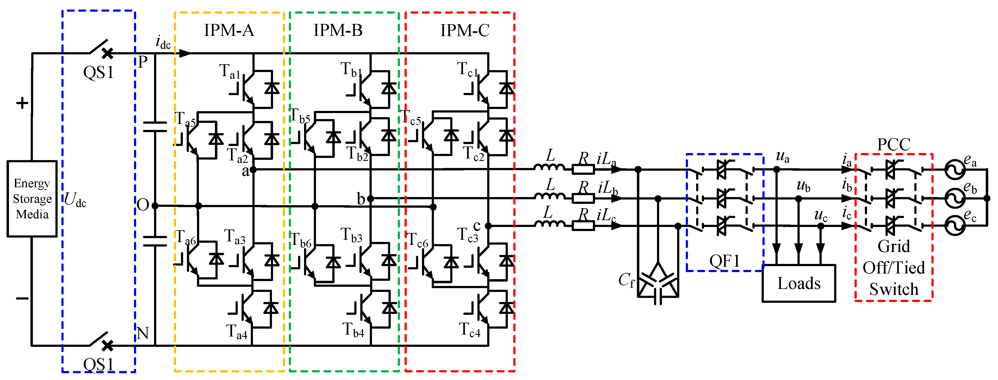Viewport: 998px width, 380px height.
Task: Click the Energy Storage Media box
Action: (32, 198)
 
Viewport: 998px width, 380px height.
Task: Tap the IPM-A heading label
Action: (229, 30)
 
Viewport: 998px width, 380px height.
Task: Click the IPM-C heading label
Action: (465, 30)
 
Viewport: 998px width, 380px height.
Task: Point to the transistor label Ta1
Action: (230, 71)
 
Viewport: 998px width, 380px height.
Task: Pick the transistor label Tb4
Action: (353, 330)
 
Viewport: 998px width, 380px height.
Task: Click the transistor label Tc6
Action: (417, 240)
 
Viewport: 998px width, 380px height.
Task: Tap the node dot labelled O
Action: (155, 205)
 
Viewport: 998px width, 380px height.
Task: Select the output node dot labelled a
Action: (253, 169)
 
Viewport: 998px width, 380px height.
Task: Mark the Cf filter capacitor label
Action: (626, 280)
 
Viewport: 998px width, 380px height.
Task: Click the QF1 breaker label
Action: (724, 261)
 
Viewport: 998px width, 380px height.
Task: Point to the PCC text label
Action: (893, 145)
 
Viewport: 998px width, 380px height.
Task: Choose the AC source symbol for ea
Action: (954, 169)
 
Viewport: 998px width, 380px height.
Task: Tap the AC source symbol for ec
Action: (954, 226)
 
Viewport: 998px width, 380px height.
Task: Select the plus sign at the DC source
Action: (22, 103)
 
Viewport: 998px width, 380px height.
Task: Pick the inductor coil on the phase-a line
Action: (549, 167)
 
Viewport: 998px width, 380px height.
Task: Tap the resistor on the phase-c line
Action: (583, 226)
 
